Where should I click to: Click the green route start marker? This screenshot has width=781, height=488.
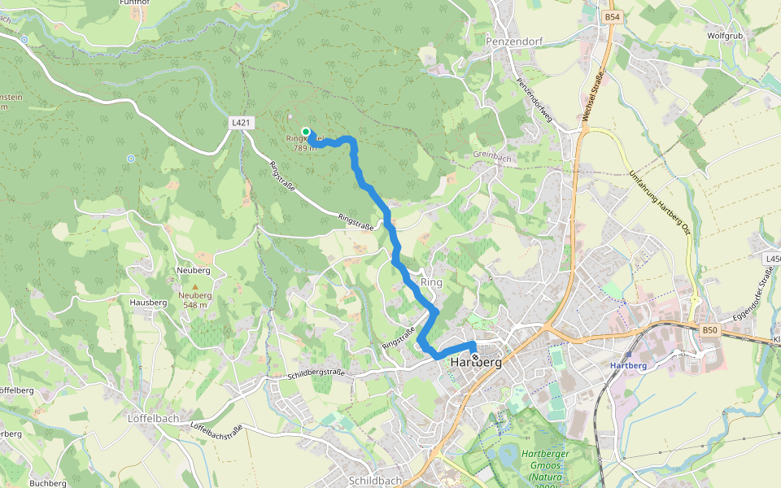[x=306, y=132]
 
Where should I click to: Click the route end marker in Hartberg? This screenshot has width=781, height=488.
[x=475, y=355]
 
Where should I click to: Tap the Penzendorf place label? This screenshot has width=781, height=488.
[x=513, y=40]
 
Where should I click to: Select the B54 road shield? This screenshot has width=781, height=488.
[x=613, y=16]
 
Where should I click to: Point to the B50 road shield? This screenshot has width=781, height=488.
[x=710, y=329]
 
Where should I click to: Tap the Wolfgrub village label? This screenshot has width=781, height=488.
[x=725, y=36]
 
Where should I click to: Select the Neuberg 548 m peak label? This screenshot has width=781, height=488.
[x=195, y=300]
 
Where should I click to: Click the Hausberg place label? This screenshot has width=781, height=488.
[x=148, y=303]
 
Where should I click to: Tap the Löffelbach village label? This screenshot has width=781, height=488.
[x=153, y=418]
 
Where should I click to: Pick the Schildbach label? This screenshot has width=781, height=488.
[x=374, y=481]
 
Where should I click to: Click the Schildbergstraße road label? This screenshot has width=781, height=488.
[x=316, y=374]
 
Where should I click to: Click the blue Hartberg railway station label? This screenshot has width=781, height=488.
[x=628, y=365]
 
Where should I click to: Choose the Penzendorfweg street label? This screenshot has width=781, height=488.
[x=534, y=101]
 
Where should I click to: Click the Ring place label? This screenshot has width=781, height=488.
[x=431, y=282]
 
